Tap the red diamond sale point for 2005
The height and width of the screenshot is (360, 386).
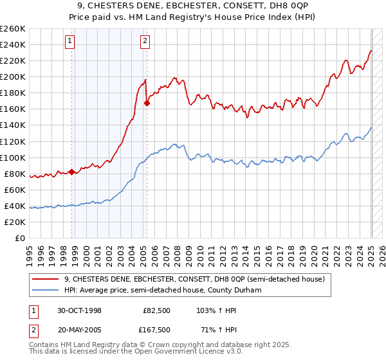(x=147, y=102)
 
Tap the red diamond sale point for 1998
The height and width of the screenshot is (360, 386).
(x=71, y=171)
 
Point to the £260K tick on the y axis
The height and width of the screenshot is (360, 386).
(x=12, y=29)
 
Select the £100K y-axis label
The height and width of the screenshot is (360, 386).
(x=12, y=157)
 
